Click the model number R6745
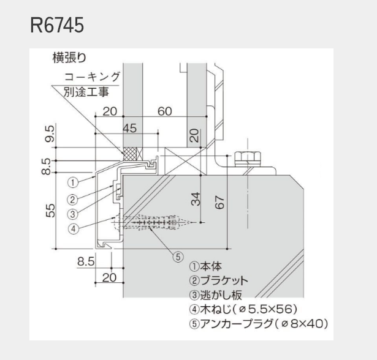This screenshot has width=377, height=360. pos(57,25)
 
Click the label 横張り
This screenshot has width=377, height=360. pos(69,58)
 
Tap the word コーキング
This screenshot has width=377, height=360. pos(92,77)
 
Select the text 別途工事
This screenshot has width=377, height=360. pos(86,92)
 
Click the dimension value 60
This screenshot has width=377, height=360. pos(165,111)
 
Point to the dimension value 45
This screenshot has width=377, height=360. pos(129,128)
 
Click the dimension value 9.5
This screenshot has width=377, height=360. pos(50,133)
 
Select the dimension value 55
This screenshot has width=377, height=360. pos(50,211)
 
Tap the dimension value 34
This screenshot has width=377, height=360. pos(196,199)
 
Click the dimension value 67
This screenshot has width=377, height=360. pos(219,202)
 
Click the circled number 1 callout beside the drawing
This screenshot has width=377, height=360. pos(73,183)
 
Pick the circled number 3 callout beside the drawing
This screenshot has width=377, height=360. pos(73,214)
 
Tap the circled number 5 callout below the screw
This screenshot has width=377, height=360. pos(178,257)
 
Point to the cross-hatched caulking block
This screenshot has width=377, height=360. pos(130,154)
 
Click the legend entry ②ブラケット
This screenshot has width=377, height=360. pos(219,280)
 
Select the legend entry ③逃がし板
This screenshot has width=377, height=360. pos(216,295)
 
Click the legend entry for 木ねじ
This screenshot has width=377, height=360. pos(243,309)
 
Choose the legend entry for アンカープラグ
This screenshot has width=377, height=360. pos(259,324)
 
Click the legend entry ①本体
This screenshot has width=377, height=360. pos(205,266)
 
